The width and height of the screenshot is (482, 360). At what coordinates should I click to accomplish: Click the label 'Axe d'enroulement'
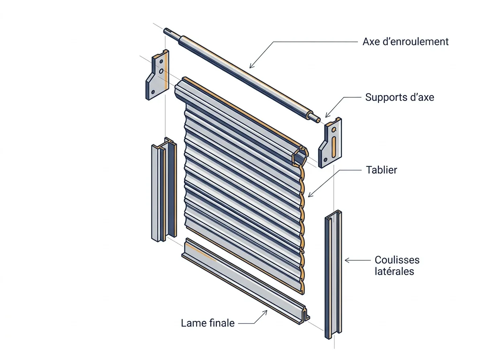405,42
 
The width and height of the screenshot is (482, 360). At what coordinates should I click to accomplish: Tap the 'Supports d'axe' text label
399,97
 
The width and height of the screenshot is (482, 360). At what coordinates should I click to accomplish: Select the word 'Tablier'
382,170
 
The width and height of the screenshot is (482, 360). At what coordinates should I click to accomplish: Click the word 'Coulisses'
397,260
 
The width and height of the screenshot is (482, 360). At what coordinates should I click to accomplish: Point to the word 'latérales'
394,272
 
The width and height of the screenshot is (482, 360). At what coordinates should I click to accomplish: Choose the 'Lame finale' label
208,323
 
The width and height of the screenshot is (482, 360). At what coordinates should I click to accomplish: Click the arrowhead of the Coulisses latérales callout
346,260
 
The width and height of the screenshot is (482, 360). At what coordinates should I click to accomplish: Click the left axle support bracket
157,75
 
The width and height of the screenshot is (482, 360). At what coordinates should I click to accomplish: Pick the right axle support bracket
330,143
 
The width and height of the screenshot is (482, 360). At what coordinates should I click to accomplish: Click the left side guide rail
164,189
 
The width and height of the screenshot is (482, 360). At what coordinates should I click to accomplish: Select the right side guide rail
333,274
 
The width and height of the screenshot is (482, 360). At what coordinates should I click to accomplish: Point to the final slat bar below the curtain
245,281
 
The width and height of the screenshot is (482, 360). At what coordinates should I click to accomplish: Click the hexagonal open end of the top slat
300,156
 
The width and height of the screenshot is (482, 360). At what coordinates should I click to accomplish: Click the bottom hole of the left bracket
153,92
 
